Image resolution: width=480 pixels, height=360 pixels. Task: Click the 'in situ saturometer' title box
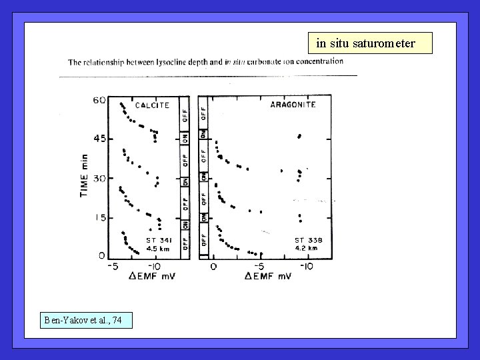370,43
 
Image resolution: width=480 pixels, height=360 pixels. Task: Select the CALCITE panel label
153,105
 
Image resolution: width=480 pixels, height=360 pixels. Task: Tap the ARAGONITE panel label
292,105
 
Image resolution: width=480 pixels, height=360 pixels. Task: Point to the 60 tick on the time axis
99,100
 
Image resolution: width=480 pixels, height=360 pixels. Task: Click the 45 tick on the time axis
99,139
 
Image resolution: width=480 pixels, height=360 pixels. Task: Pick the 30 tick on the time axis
99,179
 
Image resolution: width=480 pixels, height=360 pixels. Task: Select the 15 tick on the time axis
99,217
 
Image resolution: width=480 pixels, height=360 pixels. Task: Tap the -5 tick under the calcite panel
114,267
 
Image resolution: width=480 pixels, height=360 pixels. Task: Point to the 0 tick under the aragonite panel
213,267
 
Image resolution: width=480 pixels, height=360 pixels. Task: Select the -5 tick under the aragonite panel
259,267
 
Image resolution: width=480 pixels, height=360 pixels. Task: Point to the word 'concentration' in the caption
317,61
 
